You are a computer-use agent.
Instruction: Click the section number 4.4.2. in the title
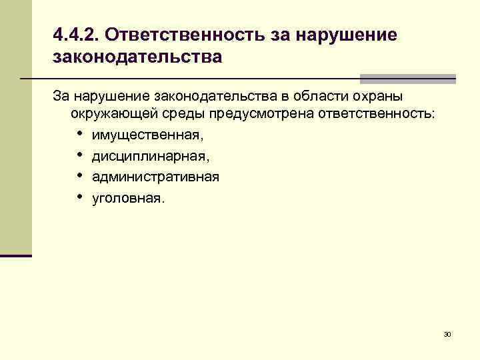click(x=75, y=34)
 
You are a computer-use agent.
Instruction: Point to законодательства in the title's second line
click(x=137, y=57)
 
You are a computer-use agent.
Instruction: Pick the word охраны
click(x=375, y=96)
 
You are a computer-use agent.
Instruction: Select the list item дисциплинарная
click(x=149, y=157)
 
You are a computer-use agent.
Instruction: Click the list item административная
click(x=155, y=177)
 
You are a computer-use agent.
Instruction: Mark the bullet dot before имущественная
click(x=79, y=134)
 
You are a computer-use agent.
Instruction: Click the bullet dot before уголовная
click(x=79, y=197)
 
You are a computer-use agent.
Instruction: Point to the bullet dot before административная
click(x=79, y=176)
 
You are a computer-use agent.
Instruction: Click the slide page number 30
click(x=447, y=333)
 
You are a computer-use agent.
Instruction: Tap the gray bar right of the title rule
click(x=407, y=78)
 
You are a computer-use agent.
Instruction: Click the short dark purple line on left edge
click(x=16, y=255)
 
